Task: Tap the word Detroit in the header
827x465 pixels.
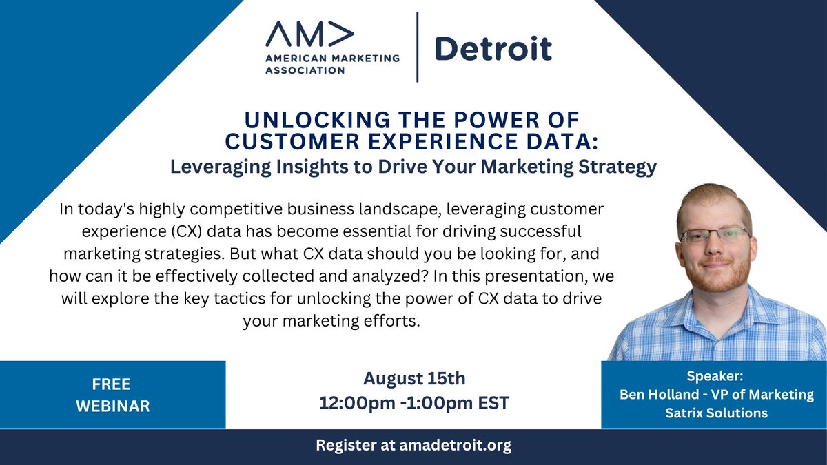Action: pos(493,48)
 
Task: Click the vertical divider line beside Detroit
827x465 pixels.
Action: pos(418,48)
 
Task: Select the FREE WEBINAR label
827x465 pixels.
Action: pos(112,395)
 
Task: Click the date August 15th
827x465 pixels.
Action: pos(414,378)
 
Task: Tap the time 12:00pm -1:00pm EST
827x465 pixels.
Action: pos(414,403)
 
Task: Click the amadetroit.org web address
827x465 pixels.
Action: pos(455,446)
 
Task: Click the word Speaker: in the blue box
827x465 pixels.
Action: pos(714,377)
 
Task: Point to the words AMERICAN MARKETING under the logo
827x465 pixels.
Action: pos(332,59)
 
